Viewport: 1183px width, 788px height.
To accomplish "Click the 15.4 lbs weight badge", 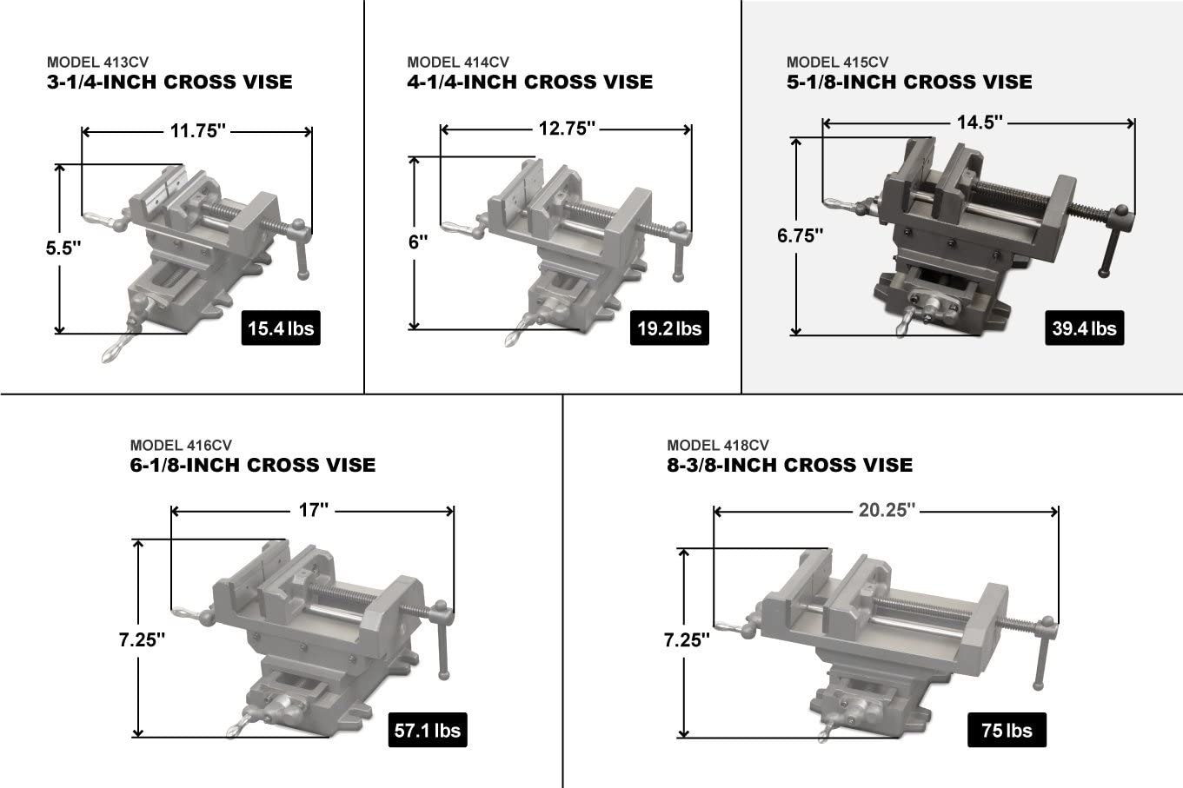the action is (x=281, y=328).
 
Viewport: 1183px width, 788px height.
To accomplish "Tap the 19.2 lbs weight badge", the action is (x=669, y=328).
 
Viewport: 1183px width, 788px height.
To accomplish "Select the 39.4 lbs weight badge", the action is (x=1084, y=328).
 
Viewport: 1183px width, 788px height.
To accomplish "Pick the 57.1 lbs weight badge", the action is (x=428, y=730).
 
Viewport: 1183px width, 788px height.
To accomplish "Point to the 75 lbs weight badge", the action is (x=1007, y=730).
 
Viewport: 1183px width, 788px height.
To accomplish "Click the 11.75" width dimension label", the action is (x=197, y=131).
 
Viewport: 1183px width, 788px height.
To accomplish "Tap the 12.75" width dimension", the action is (x=567, y=129).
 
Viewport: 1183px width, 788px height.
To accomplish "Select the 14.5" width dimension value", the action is (x=980, y=123).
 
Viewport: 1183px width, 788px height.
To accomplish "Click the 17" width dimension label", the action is (x=313, y=510).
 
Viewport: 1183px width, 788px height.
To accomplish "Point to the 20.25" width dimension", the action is (x=887, y=510).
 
